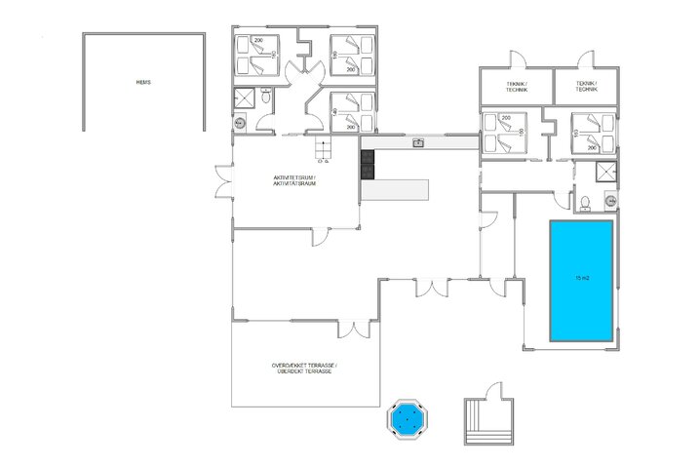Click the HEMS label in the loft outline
coord(143,82)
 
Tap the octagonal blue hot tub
coord(408,420)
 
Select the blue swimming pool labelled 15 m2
coord(581,280)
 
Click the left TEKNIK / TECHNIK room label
coord(517,87)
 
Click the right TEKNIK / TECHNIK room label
coord(586,87)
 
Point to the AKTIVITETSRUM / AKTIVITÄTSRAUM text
coord(294,181)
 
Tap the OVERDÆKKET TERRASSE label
coord(304,369)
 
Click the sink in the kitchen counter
coord(418,143)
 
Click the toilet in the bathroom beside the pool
coord(582,202)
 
